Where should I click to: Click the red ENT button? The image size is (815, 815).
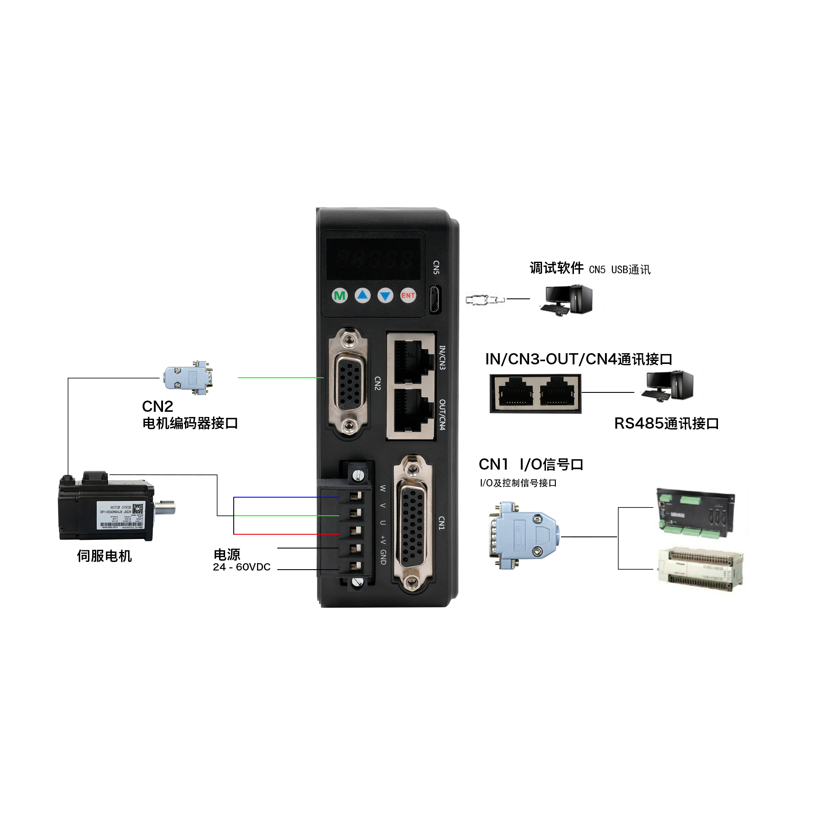[407, 295]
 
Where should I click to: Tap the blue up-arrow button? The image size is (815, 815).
[362, 295]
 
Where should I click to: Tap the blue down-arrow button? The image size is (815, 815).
[385, 295]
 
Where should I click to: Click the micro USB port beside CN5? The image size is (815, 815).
[435, 298]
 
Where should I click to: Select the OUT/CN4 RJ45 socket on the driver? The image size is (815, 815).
[411, 411]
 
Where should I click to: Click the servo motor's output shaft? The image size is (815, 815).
[166, 507]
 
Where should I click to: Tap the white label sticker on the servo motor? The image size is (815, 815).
[120, 515]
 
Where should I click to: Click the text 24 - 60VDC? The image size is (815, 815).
[241, 567]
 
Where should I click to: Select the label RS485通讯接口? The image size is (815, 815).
[666, 423]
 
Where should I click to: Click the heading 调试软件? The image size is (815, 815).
[556, 268]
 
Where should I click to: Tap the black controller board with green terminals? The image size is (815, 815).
[695, 513]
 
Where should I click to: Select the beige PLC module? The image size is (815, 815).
[700, 569]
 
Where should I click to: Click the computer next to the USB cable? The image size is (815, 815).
[567, 299]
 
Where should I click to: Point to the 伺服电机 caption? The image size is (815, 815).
[104, 556]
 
